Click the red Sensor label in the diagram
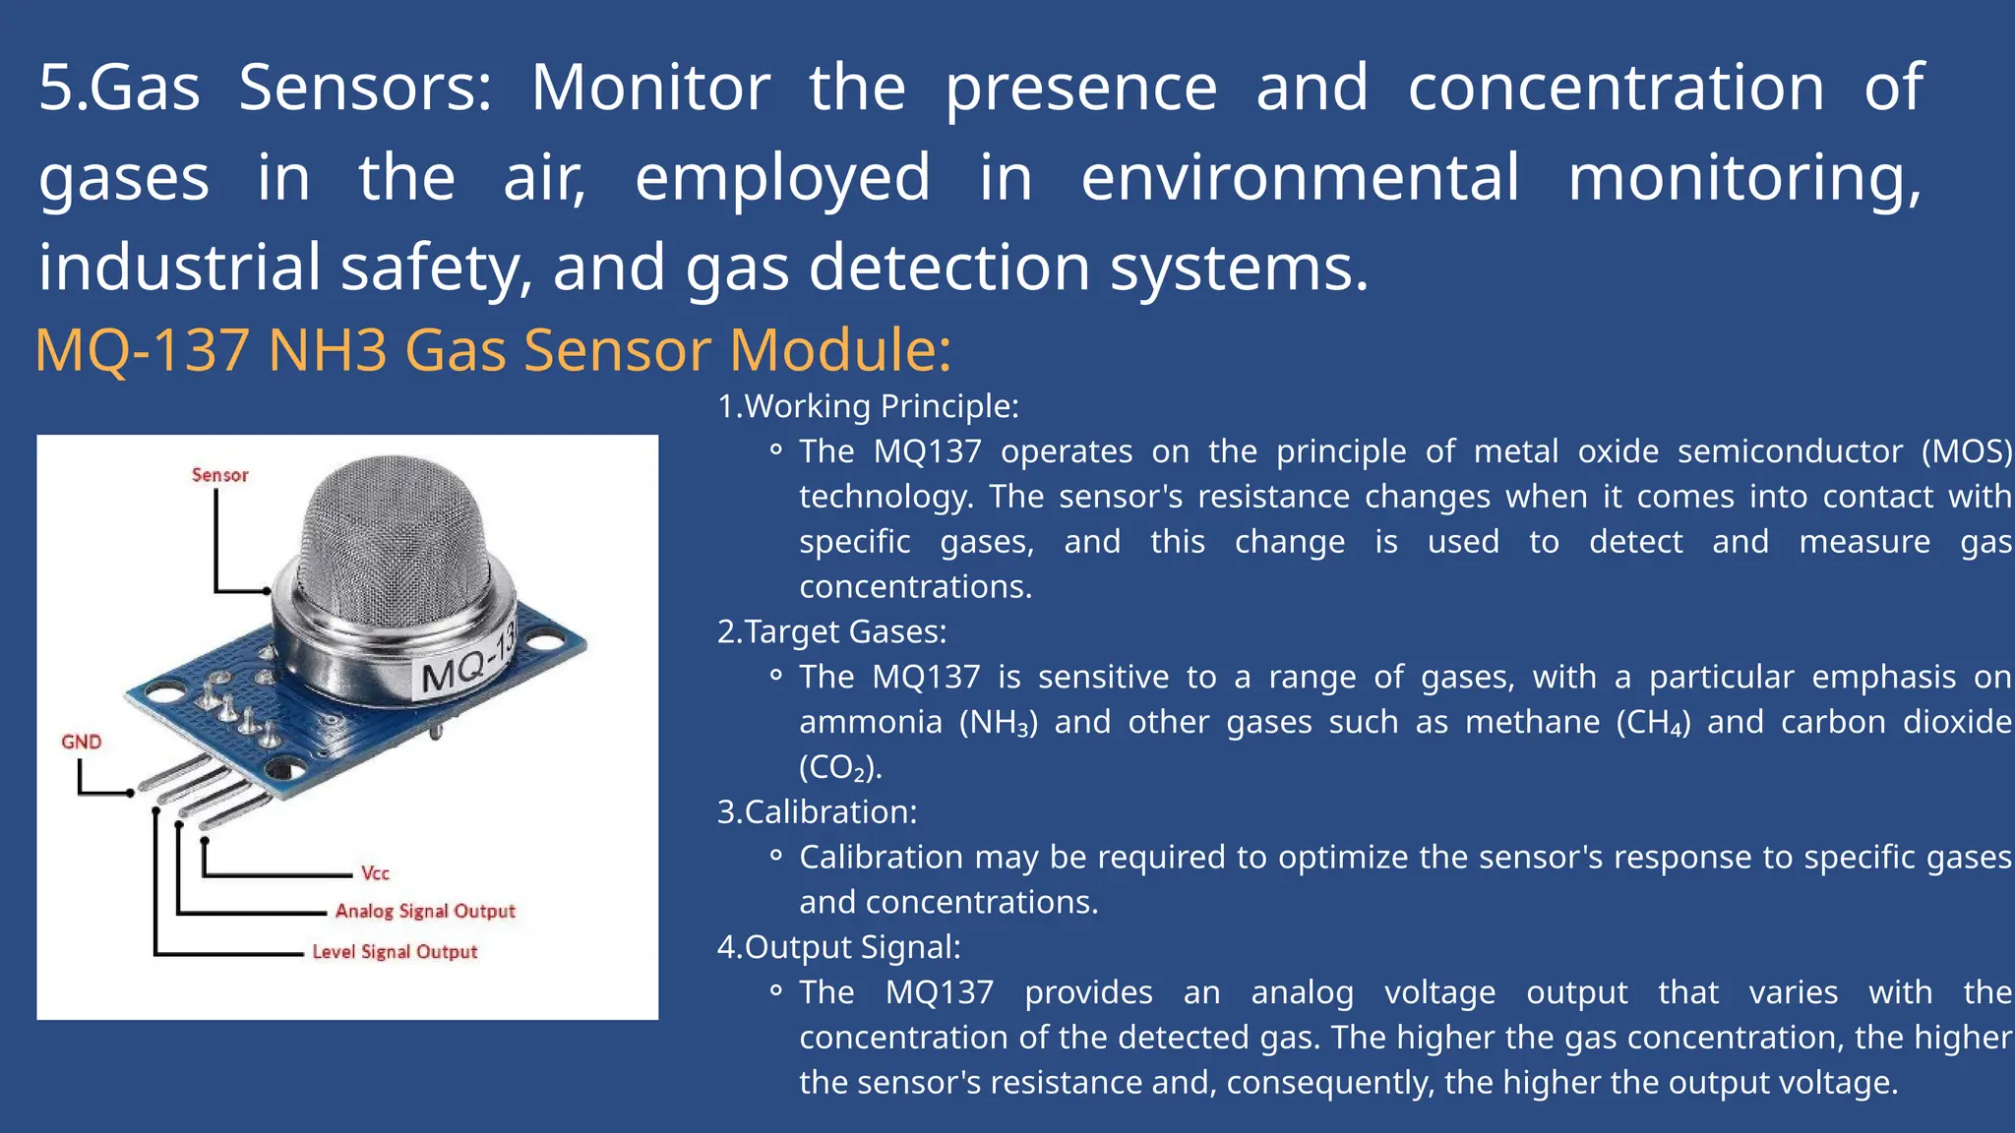[x=219, y=475]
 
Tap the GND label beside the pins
[x=81, y=742]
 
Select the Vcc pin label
[x=375, y=873]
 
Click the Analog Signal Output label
[x=425, y=911]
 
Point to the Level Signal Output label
[x=395, y=952]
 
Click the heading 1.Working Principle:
[x=868, y=406]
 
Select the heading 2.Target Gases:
[x=831, y=631]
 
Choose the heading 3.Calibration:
[x=817, y=812]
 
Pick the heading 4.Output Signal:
[x=838, y=947]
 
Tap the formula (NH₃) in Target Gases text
[x=998, y=723]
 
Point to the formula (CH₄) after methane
[x=1653, y=723]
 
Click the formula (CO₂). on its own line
[x=840, y=768]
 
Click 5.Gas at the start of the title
[x=119, y=89]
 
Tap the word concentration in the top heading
[x=1616, y=89]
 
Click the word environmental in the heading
[x=1300, y=178]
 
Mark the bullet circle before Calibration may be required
[x=776, y=857]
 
